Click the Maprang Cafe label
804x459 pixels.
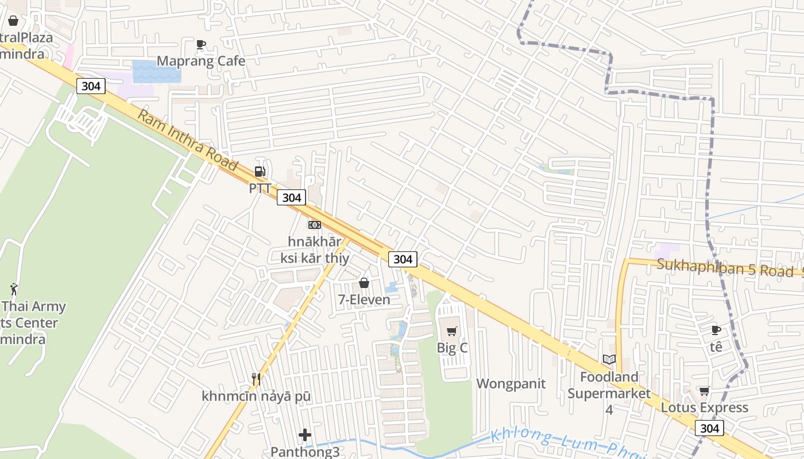coord(201,61)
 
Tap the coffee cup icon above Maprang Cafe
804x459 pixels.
coord(201,44)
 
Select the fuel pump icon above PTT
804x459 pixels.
coord(260,171)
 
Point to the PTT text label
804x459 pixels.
coord(260,188)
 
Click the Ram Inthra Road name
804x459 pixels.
coord(187,140)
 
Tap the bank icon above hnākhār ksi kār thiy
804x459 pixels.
coord(314,225)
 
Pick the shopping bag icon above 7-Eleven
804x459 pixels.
coord(364,283)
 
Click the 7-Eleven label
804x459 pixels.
coord(364,299)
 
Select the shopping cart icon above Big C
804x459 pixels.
coord(452,331)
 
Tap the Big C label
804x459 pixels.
coord(452,348)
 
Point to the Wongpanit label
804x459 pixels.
coord(511,383)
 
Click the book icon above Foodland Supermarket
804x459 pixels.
coord(609,360)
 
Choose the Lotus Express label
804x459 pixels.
coord(705,407)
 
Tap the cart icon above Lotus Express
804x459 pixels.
coord(705,391)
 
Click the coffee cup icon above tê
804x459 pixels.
coord(716,330)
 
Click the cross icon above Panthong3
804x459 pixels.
coord(305,435)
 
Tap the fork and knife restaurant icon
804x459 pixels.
coord(256,379)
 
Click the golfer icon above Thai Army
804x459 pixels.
coord(14,289)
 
